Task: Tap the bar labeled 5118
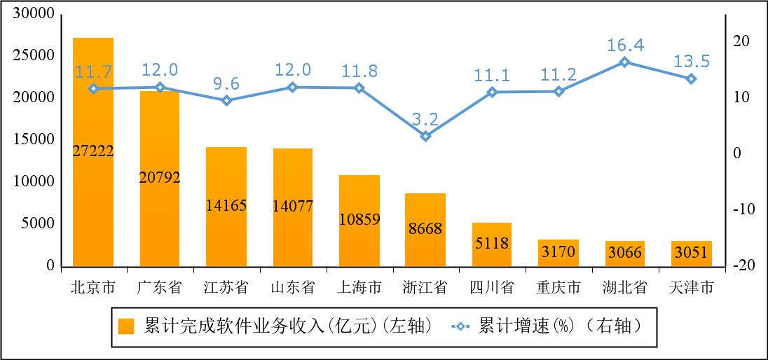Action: tap(492, 244)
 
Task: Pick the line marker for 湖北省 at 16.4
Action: tap(625, 62)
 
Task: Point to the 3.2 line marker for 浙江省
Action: tap(425, 136)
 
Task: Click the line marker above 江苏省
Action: tap(226, 100)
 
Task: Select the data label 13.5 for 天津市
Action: tap(692, 62)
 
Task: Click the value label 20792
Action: tap(160, 177)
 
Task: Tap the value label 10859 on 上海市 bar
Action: tap(359, 219)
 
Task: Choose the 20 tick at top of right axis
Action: tap(741, 41)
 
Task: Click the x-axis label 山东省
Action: tap(293, 287)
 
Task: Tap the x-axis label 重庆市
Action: tap(558, 287)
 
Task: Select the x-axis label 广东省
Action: tap(160, 287)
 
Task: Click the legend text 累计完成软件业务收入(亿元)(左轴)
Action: tap(287, 326)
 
